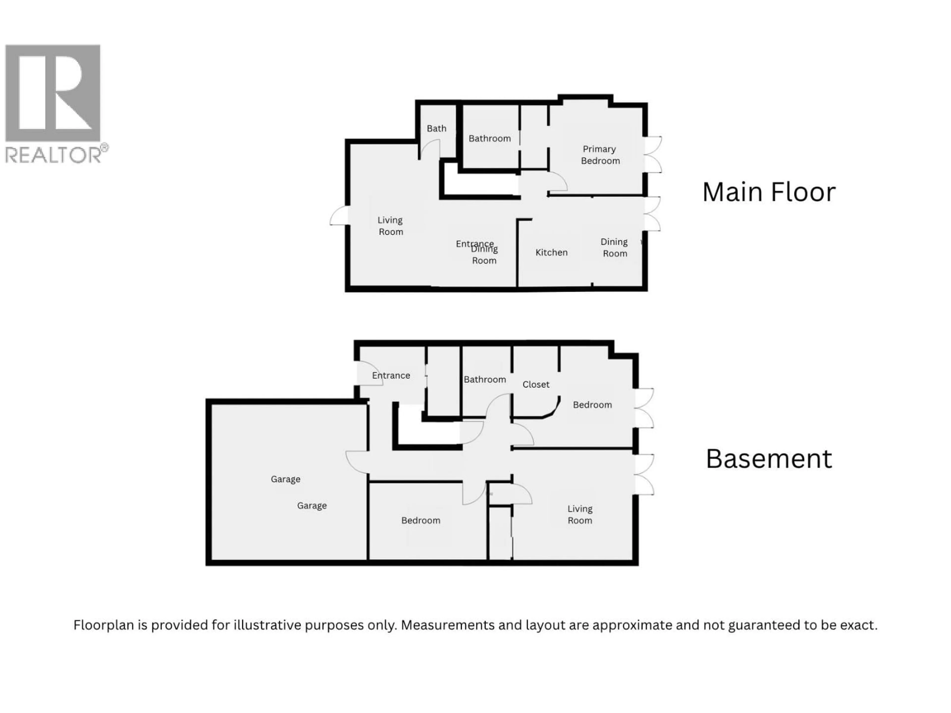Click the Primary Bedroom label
600,155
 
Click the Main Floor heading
769,192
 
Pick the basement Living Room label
580,514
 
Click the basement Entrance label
391,376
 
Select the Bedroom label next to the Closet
592,405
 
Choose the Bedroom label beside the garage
421,520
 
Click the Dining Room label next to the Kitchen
614,248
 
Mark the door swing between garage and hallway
357,461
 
